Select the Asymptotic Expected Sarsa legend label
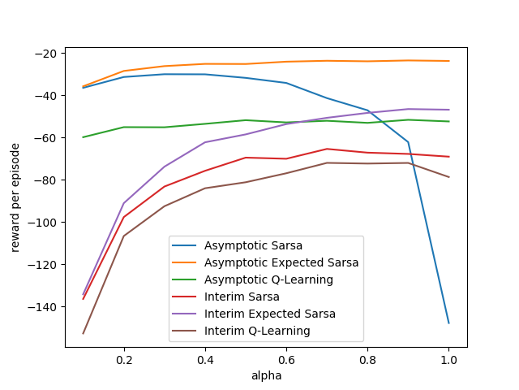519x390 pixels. point(281,262)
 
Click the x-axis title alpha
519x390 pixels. point(266,376)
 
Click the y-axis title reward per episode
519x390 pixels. point(15,197)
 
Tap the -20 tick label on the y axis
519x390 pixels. point(45,54)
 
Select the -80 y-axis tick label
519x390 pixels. point(45,180)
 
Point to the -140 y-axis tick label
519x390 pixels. point(42,307)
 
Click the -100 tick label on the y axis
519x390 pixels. point(42,223)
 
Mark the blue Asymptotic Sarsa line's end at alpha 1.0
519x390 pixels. point(448,323)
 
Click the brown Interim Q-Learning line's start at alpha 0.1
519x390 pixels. point(84,333)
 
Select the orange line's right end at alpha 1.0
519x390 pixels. point(448,61)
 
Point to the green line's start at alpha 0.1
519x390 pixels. point(84,137)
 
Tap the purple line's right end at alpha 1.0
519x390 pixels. point(448,110)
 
